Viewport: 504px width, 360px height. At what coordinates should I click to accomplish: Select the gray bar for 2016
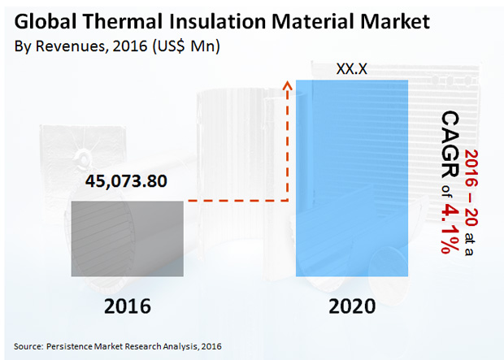coord(128,237)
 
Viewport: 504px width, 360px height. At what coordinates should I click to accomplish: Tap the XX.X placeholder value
coord(352,69)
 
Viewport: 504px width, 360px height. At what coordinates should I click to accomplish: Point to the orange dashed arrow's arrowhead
coord(286,84)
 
